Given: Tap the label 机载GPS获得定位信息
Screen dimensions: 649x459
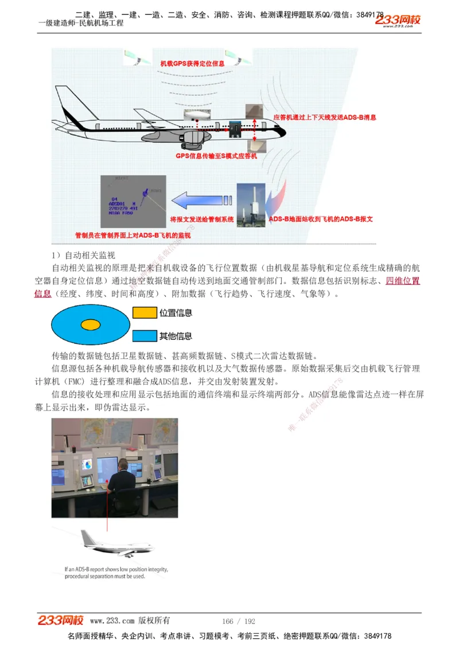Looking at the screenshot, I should [192, 63].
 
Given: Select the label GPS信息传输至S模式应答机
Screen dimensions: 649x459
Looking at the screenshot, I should [216, 155].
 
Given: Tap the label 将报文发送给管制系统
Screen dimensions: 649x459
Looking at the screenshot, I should [202, 219].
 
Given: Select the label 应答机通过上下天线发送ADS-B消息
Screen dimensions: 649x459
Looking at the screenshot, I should [325, 118].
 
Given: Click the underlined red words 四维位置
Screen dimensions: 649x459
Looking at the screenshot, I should [403, 281].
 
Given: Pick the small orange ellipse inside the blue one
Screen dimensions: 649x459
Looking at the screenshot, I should [91, 324].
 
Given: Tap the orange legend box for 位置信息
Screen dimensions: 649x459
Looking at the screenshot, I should [145, 313].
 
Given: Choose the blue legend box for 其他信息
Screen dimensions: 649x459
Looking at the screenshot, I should [145, 336].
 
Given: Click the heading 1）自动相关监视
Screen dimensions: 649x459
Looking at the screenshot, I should [84, 255].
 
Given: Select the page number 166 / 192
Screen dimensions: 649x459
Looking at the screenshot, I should [239, 621].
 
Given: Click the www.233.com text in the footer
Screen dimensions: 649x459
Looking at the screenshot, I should [112, 621].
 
